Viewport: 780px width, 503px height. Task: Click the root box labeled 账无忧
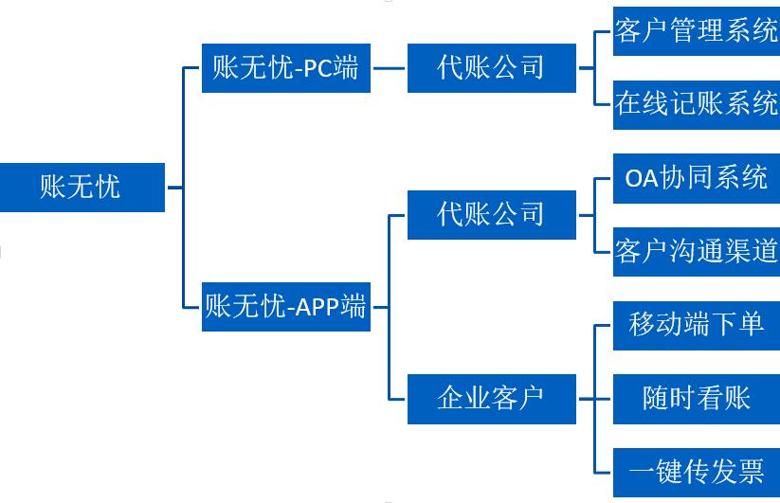point(82,187)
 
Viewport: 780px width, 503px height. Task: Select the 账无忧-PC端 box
point(285,68)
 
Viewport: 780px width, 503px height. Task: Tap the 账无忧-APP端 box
point(285,306)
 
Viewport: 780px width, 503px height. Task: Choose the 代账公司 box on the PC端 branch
point(491,68)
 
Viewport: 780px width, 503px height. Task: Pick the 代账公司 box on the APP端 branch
point(491,214)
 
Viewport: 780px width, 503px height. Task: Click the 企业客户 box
point(491,399)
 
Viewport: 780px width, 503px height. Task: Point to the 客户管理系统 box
point(696,31)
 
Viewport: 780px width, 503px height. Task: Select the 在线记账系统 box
point(696,104)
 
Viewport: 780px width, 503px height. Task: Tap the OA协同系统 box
point(696,177)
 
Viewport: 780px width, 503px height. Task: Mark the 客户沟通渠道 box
point(696,251)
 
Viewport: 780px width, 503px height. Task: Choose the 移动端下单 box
point(696,325)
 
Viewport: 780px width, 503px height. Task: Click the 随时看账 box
point(696,398)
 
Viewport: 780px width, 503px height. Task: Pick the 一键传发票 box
point(696,472)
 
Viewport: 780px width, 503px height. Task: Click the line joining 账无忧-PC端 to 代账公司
point(389,68)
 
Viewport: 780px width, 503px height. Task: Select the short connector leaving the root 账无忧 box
point(173,187)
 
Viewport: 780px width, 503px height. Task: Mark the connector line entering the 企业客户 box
point(398,399)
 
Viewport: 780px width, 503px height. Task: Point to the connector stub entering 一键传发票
point(604,472)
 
